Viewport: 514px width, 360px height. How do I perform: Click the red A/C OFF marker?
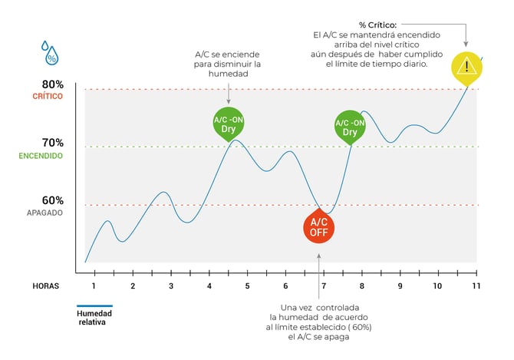click(318, 227)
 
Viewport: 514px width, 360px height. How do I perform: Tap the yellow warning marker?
click(466, 68)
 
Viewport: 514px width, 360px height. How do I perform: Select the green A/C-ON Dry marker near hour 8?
click(350, 127)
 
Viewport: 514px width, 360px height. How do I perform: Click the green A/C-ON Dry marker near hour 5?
click(229, 124)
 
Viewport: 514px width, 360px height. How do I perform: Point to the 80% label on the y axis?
click(52, 84)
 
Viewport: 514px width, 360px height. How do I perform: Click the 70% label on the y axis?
click(52, 143)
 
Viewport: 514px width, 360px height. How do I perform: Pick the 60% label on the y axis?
click(52, 200)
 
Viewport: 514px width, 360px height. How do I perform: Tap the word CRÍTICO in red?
click(48, 96)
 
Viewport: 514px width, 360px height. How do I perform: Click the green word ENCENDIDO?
click(41, 156)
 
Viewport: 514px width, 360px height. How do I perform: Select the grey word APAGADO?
click(44, 213)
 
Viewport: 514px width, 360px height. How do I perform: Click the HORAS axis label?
click(46, 286)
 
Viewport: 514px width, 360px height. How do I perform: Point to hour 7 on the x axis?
click(324, 286)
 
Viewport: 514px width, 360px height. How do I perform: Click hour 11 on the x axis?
click(476, 286)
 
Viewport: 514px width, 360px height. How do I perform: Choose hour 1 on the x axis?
click(94, 286)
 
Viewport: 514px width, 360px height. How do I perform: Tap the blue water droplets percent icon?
click(50, 53)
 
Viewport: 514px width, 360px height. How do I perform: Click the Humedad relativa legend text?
click(94, 317)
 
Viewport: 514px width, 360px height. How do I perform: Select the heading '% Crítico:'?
click(377, 25)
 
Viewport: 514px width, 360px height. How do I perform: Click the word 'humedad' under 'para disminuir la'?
click(228, 74)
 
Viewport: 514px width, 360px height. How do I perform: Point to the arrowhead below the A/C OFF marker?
click(318, 256)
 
